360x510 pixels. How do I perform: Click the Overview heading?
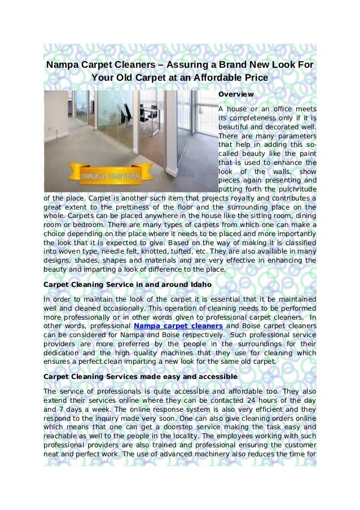tap(235, 94)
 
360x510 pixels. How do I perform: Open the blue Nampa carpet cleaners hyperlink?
tap(178, 326)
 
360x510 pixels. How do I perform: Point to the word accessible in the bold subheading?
tap(201, 376)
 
